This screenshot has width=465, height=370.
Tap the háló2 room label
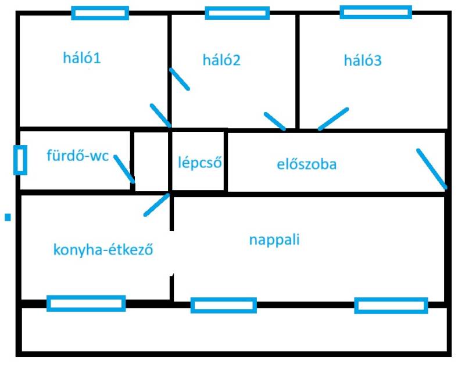[221, 60]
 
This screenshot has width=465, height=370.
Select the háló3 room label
[363, 60]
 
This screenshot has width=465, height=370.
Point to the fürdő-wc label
[77, 156]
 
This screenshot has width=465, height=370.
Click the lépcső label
[200, 163]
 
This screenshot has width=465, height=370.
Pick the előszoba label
[306, 164]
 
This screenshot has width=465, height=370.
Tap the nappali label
[274, 239]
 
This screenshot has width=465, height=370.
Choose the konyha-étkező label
[103, 250]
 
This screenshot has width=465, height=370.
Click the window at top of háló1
[100, 13]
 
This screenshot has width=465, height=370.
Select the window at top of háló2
[237, 13]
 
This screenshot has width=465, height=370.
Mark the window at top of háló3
[375, 12]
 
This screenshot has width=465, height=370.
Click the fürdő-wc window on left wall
[20, 160]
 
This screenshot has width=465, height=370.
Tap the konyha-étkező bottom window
[86, 303]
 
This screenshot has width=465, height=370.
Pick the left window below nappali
[223, 305]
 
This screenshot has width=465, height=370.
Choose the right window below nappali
[391, 306]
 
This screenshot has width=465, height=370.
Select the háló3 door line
[333, 118]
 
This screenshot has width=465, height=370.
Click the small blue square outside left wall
[8, 217]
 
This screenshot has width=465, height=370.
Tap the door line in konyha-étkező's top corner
[156, 204]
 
